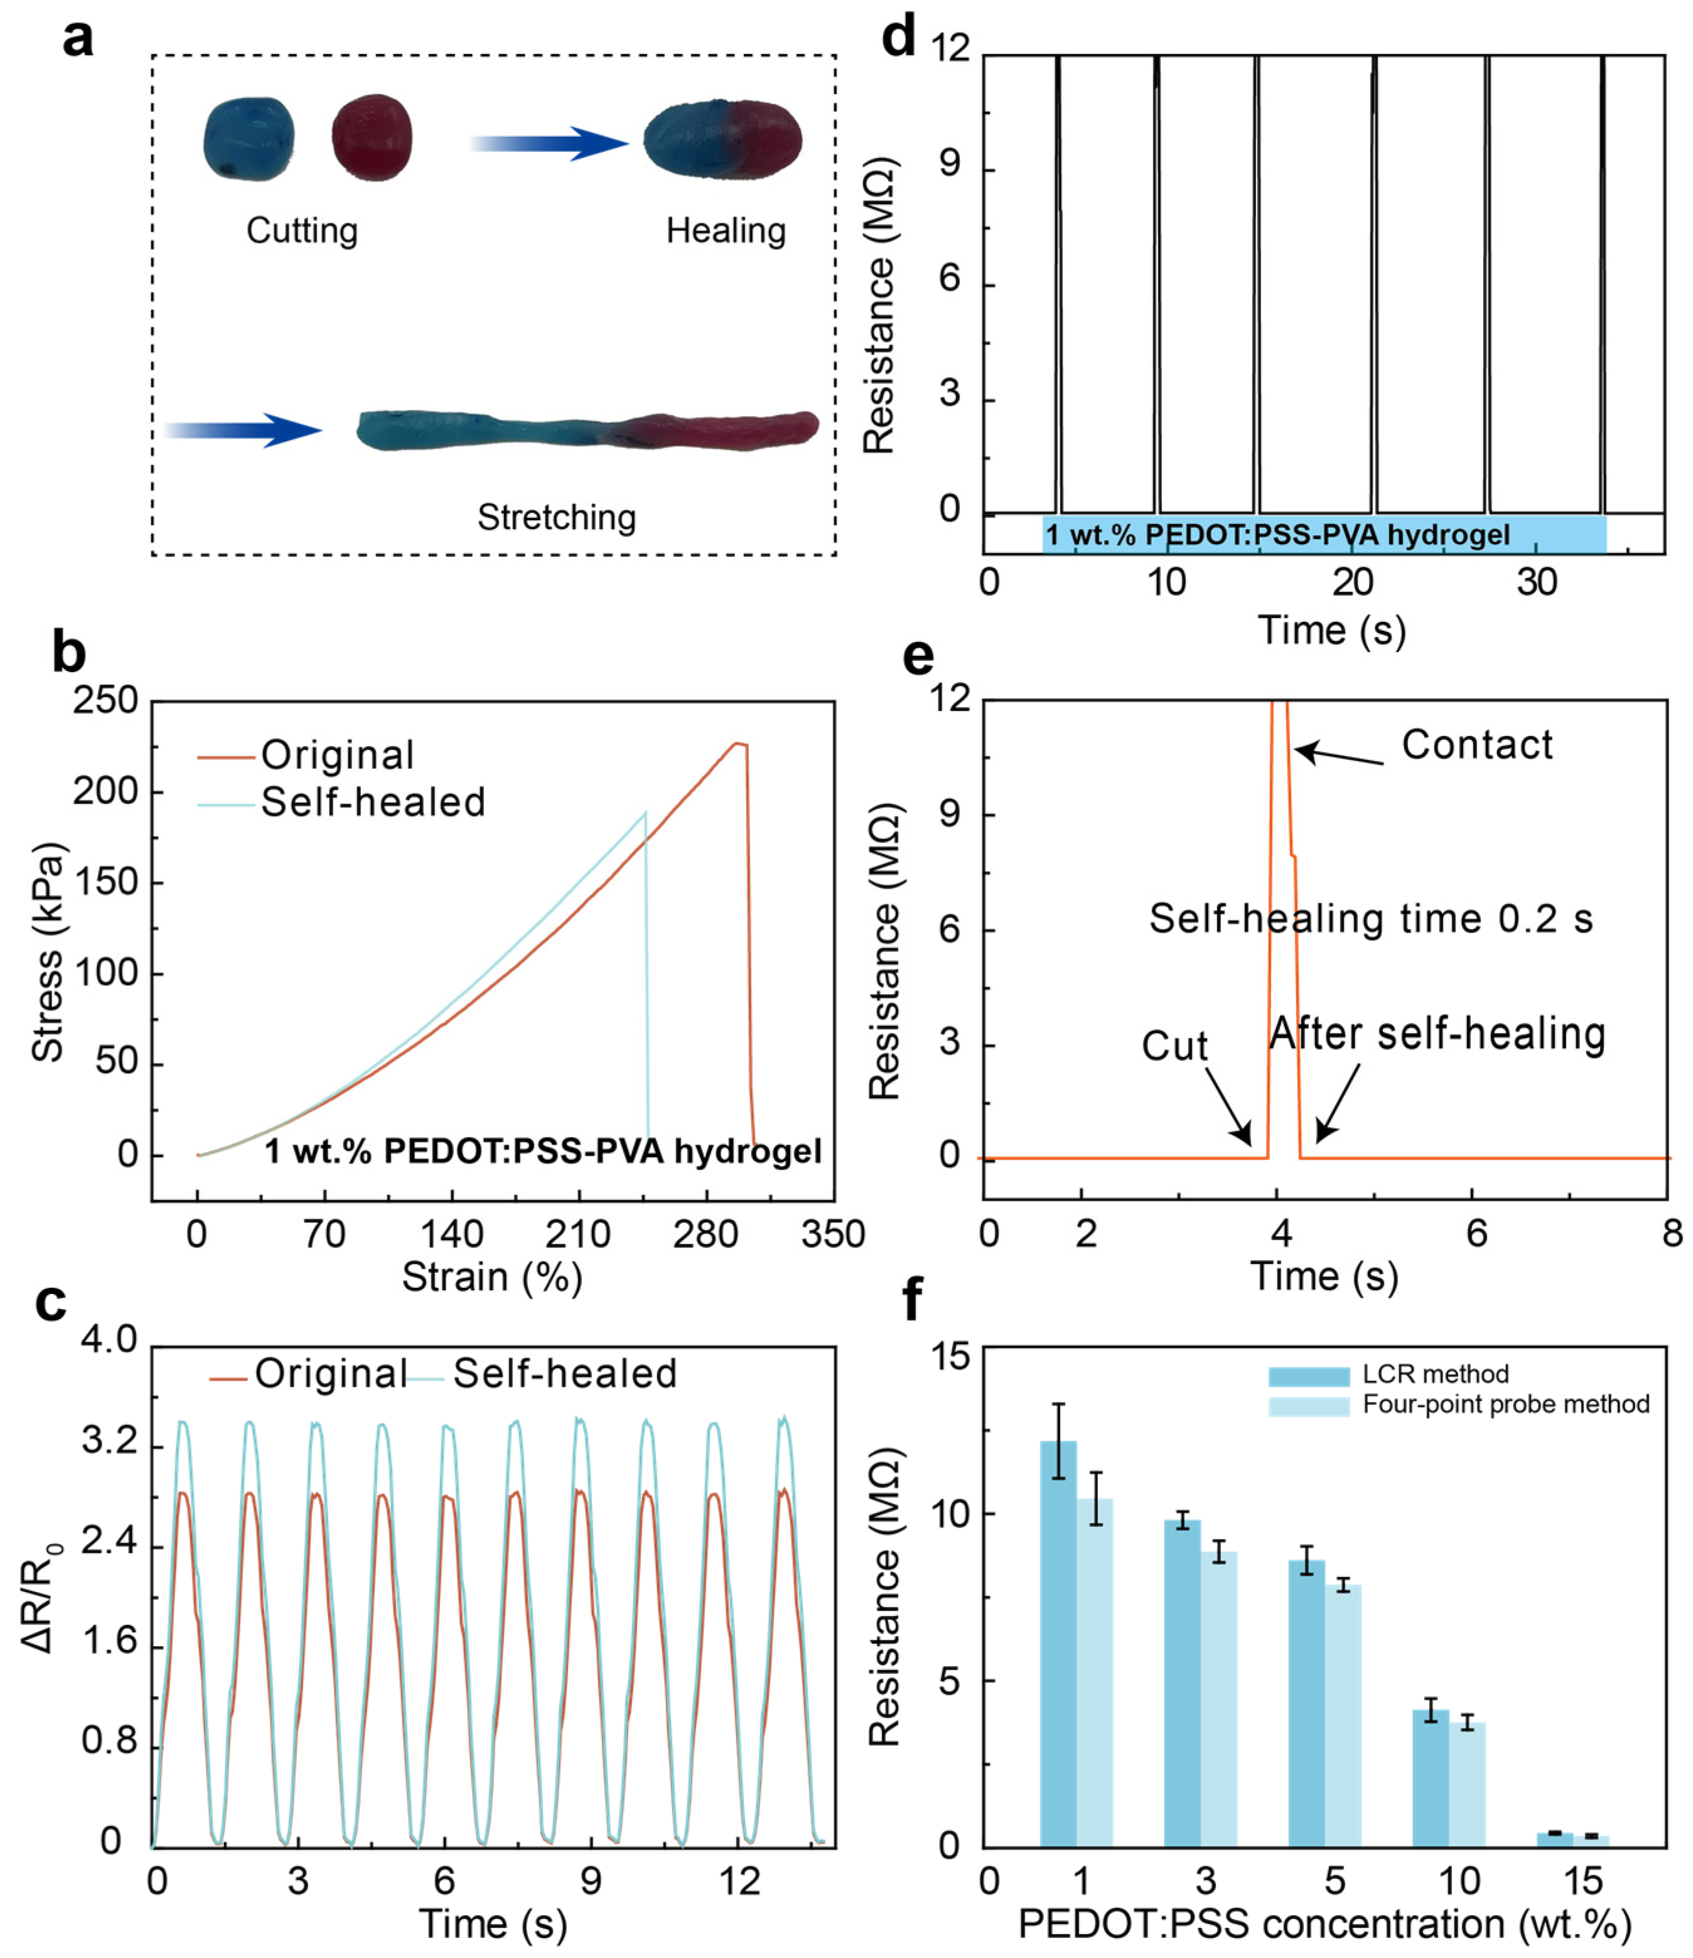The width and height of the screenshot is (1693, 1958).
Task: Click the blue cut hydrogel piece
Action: (x=249, y=139)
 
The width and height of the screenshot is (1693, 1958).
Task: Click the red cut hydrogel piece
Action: (x=372, y=137)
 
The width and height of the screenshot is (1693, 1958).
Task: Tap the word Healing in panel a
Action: (x=725, y=230)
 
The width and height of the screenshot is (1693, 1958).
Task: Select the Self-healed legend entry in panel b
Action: (x=372, y=802)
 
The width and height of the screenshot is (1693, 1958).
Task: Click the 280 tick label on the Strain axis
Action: (x=705, y=1234)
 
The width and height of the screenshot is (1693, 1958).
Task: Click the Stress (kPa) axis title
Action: (x=47, y=951)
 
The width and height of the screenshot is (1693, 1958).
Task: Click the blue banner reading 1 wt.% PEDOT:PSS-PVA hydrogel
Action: (x=1323, y=535)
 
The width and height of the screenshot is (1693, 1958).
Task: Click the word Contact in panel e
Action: (x=1476, y=745)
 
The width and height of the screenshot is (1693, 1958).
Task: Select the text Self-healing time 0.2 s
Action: (x=1371, y=919)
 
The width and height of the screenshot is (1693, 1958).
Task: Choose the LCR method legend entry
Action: (x=1435, y=1374)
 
